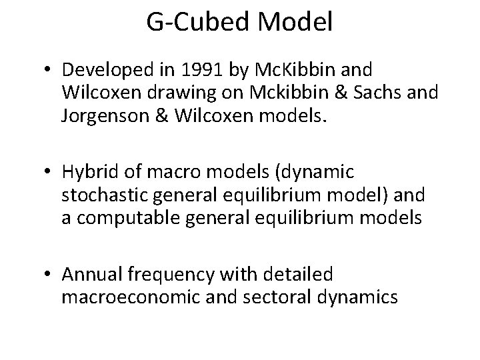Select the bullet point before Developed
[49, 69]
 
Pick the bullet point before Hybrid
[49, 172]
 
